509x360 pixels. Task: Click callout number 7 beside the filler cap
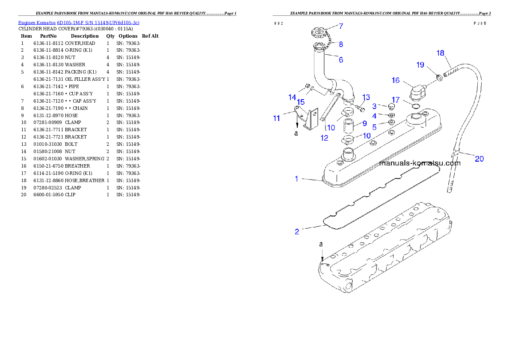(x=341, y=26)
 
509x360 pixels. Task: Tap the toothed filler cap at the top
(x=319, y=32)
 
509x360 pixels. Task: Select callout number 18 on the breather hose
(x=441, y=53)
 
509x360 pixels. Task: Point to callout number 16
(x=395, y=80)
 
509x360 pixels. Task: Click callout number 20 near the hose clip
(x=479, y=159)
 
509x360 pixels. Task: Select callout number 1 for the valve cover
(x=296, y=179)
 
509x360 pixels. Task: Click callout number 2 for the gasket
(x=297, y=232)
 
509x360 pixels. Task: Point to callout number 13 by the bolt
(x=366, y=97)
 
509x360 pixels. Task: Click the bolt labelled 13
(x=361, y=109)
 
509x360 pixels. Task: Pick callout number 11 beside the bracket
(x=277, y=118)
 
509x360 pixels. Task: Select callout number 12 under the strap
(x=324, y=138)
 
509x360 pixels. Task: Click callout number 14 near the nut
(x=292, y=97)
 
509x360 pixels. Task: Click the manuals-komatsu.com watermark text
(x=420, y=163)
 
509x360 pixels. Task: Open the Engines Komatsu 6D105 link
(x=78, y=22)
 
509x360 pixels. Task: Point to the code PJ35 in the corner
(x=479, y=24)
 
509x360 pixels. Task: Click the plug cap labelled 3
(x=390, y=106)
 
